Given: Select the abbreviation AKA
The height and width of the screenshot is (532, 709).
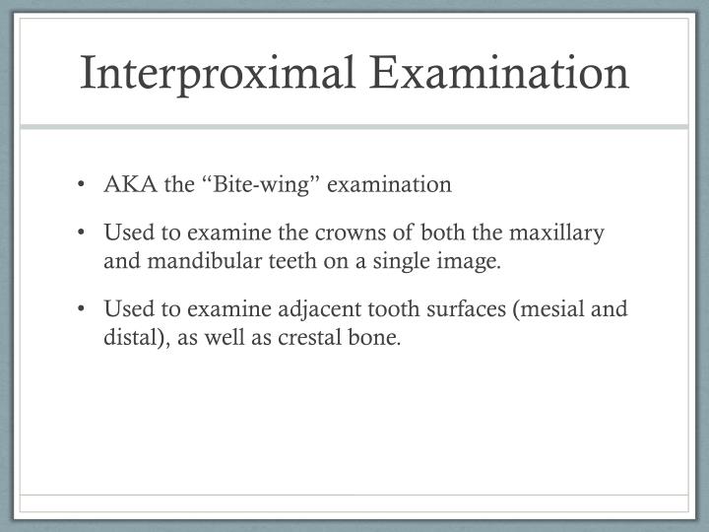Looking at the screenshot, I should pyautogui.click(x=124, y=184).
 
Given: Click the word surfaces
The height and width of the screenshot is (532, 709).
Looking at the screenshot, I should pyautogui.click(x=454, y=310).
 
